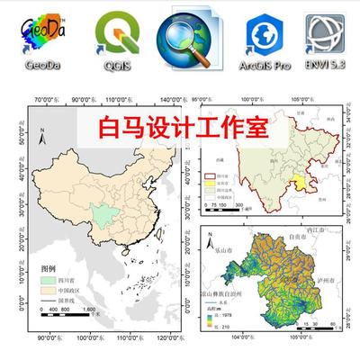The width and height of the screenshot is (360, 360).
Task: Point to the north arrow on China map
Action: click(41, 133)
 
